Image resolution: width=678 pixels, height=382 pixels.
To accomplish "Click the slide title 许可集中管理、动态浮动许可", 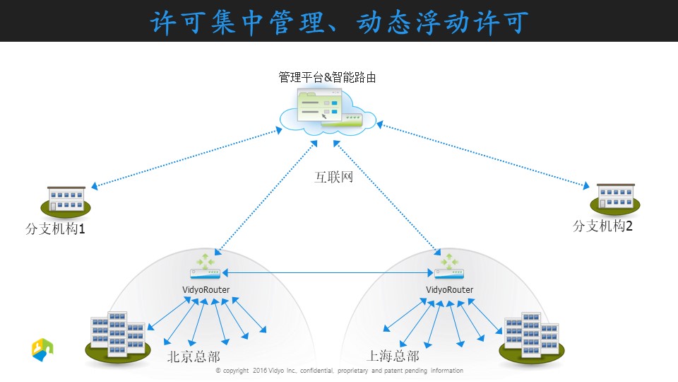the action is (340, 22).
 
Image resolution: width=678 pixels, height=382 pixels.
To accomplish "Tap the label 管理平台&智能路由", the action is (327, 78).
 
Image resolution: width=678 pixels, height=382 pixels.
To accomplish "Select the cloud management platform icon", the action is (328, 112).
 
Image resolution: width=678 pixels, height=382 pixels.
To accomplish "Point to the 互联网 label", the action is (333, 177).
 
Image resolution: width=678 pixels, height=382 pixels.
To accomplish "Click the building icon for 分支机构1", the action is (66, 202).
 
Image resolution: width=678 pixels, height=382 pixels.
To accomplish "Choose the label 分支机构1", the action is (55, 228).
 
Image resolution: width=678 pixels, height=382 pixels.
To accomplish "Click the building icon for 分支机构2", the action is (615, 199).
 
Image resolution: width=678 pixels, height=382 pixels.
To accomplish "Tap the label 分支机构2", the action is (602, 225).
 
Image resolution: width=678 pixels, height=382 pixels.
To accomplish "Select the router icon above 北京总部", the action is (206, 267).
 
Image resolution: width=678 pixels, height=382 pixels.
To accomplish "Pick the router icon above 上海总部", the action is (449, 267).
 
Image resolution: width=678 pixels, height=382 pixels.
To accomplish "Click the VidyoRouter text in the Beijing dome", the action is (206, 290).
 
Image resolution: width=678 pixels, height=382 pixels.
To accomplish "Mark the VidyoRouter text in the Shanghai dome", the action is (450, 289).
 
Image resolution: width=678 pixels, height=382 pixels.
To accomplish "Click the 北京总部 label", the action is (194, 357).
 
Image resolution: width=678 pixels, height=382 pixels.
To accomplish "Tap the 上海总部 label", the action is (393, 356).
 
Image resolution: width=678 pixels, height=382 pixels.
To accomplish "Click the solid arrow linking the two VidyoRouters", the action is (327, 273).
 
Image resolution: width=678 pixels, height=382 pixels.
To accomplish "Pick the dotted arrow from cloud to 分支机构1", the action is (186, 158).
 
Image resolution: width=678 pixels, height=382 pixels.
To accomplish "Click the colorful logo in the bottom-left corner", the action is (42, 349).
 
